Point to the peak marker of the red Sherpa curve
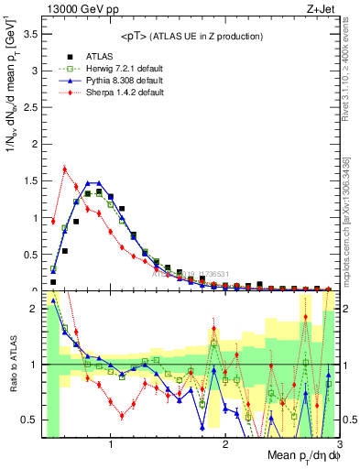[x=64, y=169]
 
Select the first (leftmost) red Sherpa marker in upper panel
[x=53, y=221]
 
